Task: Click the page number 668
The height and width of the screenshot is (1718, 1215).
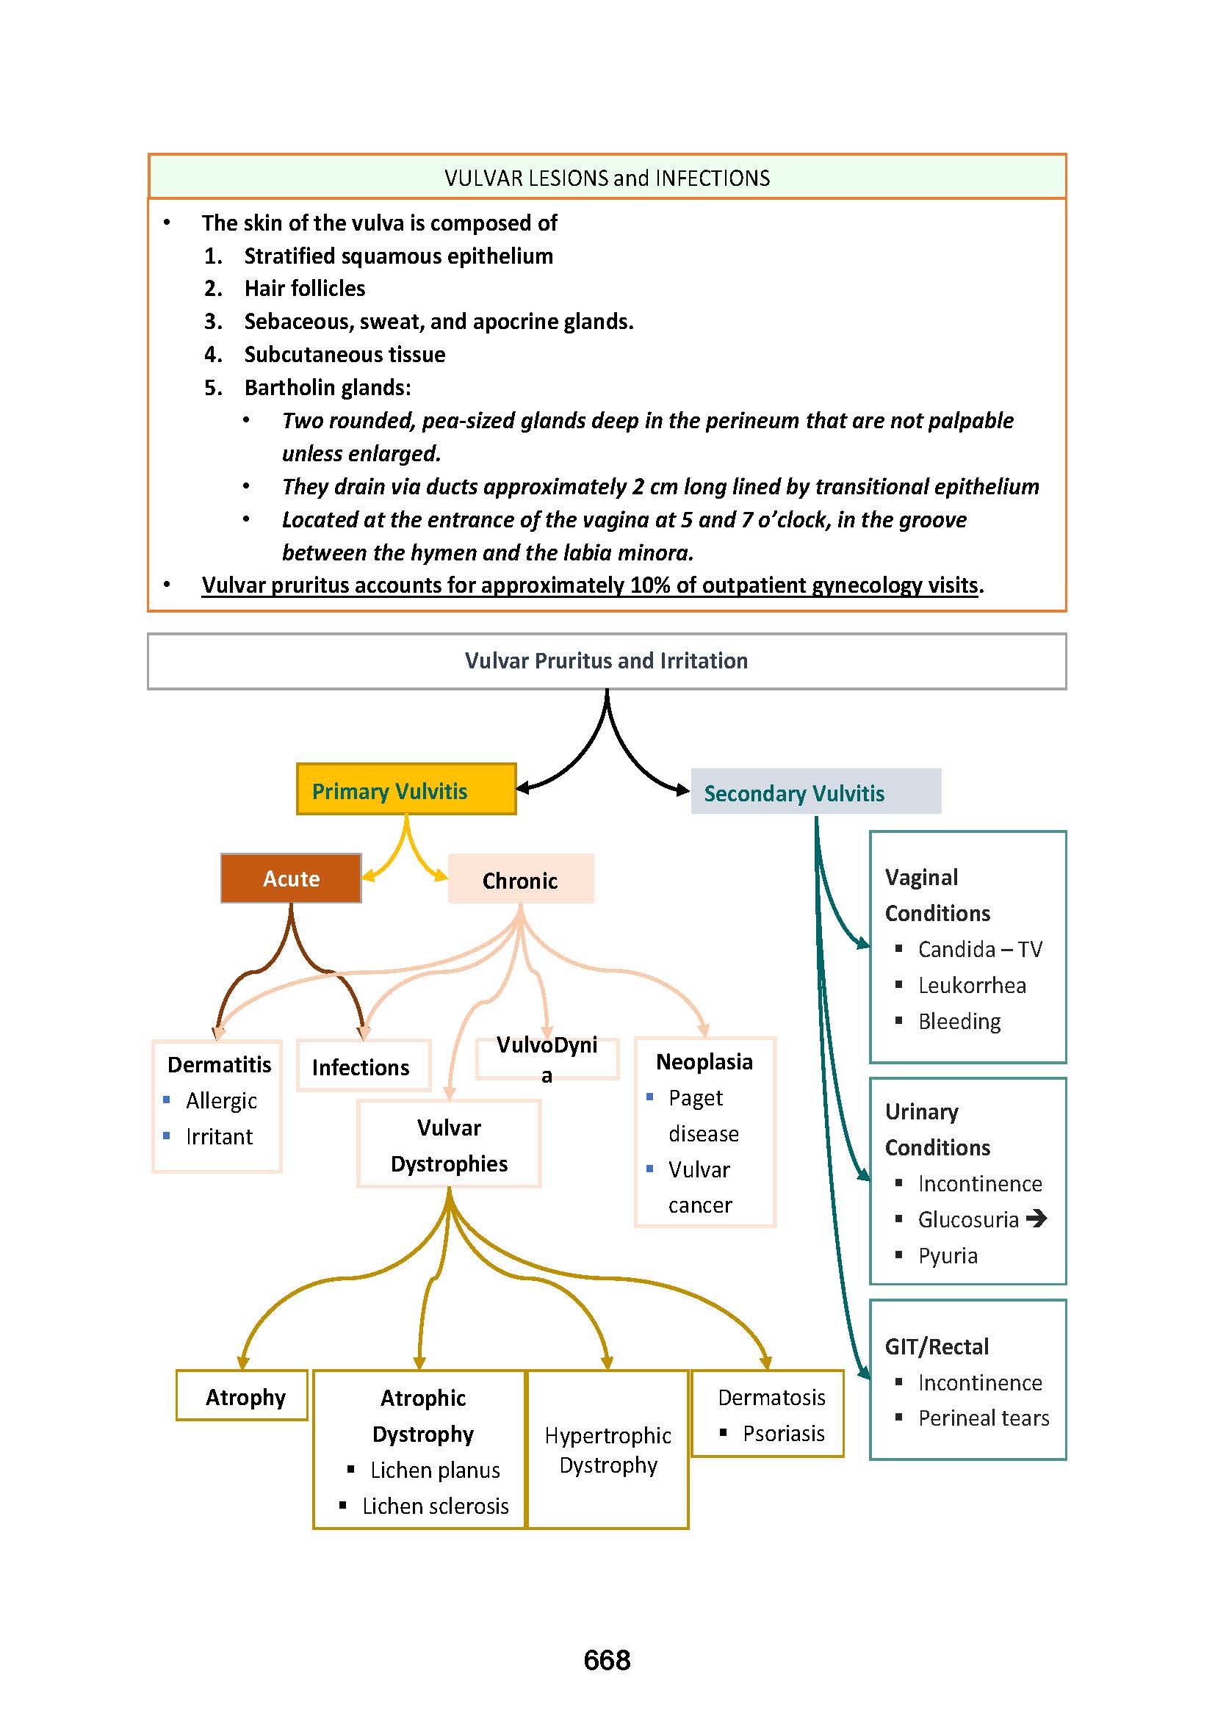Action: coord(607,1660)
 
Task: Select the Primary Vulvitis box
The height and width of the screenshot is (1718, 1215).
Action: coord(405,790)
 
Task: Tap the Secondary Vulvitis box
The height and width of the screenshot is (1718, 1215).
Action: coord(815,792)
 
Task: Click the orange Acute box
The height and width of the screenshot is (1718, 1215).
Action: coord(291,878)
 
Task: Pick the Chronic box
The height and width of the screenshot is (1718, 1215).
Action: coord(520,880)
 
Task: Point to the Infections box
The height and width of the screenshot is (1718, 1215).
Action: coord(363,1066)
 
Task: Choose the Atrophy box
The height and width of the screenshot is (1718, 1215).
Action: coord(242,1396)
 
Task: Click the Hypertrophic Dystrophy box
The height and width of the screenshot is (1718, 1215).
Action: coord(607,1449)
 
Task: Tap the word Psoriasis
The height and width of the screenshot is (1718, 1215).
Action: coord(783,1433)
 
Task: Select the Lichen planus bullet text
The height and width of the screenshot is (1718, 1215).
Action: coord(435,1470)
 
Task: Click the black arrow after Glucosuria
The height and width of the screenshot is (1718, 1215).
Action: coord(1036,1218)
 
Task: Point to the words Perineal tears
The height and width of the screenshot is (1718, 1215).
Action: coord(983,1418)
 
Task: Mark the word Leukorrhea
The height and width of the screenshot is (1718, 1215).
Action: coord(972,986)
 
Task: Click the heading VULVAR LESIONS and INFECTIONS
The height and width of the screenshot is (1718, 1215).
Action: coord(607,178)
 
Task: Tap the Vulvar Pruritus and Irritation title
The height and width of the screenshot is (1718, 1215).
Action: coord(606,661)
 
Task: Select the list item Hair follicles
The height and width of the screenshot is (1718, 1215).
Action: coord(305,288)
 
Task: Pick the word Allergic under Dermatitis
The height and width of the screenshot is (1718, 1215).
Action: coord(220,1101)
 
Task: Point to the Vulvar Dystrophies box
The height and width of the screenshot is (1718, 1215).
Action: coord(449,1145)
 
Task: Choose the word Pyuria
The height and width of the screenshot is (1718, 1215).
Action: coord(947,1255)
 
